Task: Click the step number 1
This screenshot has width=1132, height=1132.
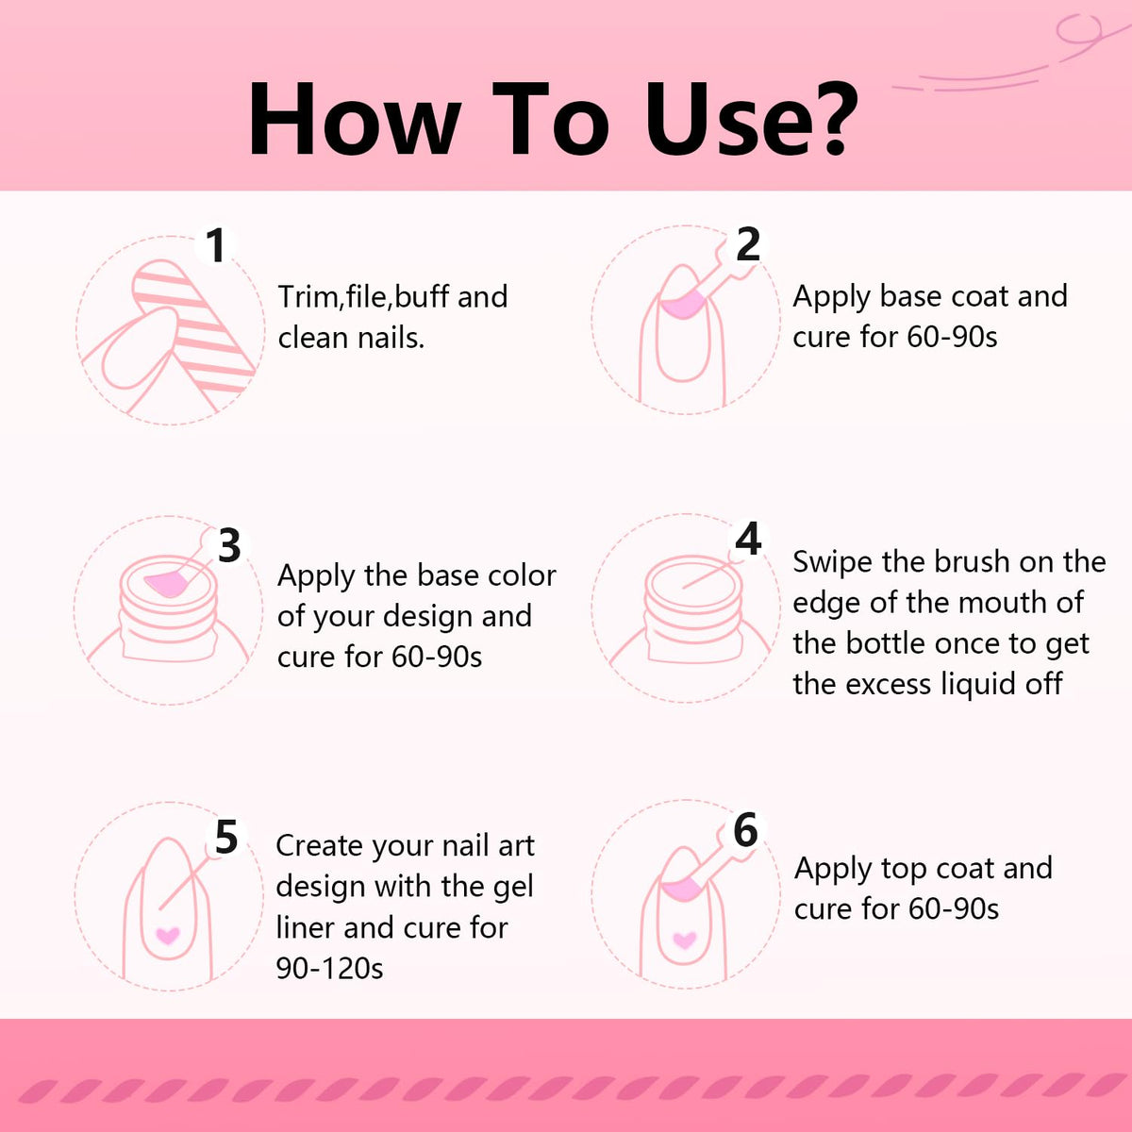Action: coord(216,245)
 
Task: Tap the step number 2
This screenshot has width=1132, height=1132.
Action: coord(748,244)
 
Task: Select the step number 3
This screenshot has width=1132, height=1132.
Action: coord(229,546)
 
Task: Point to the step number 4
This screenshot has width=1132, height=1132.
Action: coord(748,539)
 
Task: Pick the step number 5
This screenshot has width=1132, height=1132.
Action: coord(226,837)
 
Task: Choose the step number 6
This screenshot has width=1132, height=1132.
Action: coord(746,830)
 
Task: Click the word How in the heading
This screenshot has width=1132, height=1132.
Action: coord(354,119)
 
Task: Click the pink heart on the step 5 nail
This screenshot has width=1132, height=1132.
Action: coord(167,935)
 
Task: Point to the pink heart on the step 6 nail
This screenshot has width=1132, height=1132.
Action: coord(684,940)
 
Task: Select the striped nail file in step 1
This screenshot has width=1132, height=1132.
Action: coord(195,326)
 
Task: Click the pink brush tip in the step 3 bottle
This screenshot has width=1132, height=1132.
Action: coord(166,585)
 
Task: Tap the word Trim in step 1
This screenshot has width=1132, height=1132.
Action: coord(308,296)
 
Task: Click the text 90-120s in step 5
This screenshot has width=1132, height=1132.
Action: coord(329,968)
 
